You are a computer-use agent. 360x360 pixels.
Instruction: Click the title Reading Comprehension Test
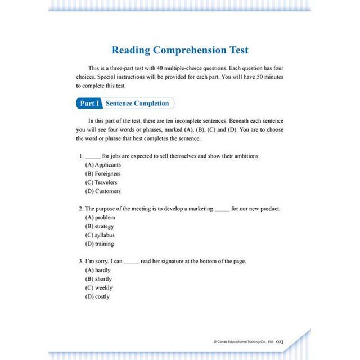pos(179,50)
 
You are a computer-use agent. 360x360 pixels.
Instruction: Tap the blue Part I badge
pos(89,103)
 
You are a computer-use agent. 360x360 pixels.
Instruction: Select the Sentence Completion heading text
pos(137,103)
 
